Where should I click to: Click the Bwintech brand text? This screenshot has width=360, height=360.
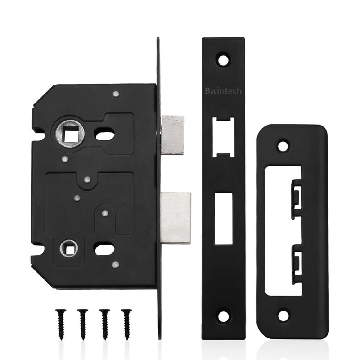coord(223,91)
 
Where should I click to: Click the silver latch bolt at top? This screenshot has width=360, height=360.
coord(173,135)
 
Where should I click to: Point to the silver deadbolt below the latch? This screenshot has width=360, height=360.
coord(175,218)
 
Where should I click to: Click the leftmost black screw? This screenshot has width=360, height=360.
coord(61,324)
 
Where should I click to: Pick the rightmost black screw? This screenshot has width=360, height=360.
coord(126,324)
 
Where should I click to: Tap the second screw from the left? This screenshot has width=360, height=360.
coord(83,324)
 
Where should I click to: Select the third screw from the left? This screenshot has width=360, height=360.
coord(105,324)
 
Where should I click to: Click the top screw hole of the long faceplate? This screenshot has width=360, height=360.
coord(223,60)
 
